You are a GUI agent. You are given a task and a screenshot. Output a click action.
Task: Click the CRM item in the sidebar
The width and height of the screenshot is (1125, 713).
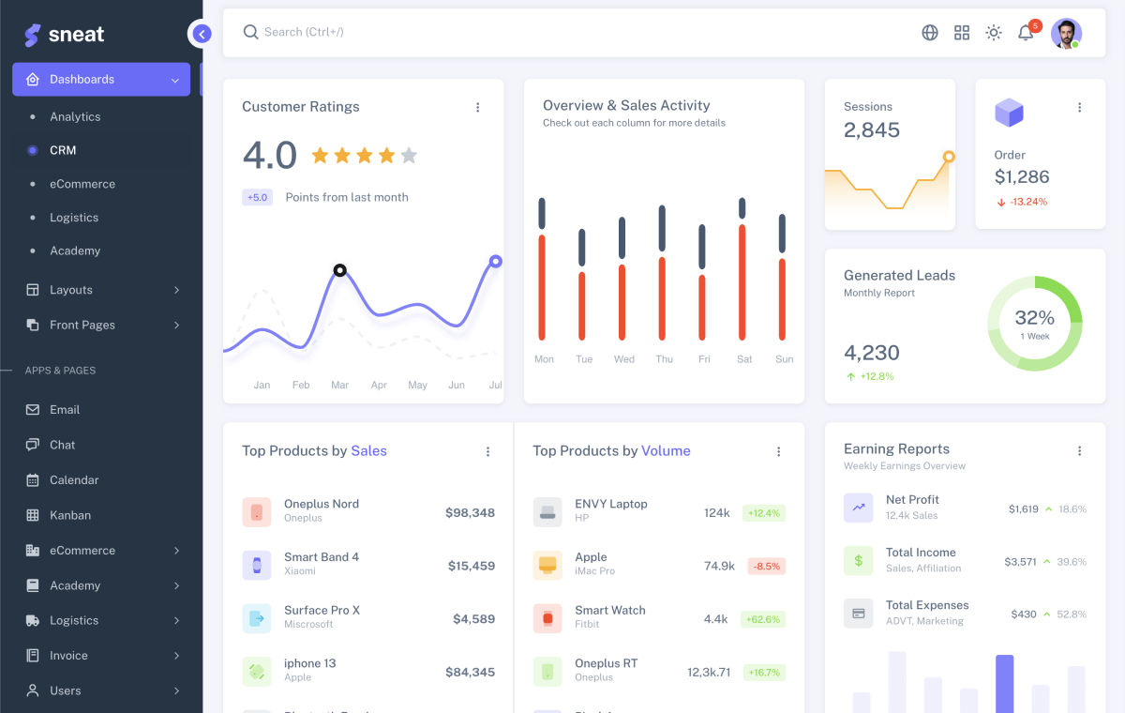(63, 150)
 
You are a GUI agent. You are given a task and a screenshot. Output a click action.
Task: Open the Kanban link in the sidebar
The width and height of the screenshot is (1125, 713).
(70, 515)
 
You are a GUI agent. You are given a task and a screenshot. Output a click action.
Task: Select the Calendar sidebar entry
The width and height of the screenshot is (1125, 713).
(74, 479)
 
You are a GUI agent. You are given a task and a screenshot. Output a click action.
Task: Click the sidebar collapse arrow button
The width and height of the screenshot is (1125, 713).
(201, 34)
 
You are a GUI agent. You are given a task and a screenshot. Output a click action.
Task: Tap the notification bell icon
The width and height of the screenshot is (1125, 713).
(1026, 33)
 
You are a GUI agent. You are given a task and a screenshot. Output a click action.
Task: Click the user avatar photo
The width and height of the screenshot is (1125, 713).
(1066, 33)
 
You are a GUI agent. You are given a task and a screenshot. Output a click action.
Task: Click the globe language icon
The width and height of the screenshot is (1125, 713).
(930, 33)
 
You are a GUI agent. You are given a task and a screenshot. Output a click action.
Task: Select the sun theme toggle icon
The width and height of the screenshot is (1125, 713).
(994, 33)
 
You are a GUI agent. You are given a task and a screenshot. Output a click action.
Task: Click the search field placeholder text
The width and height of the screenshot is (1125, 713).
(304, 32)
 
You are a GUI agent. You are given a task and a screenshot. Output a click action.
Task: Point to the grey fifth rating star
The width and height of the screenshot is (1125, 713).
(409, 156)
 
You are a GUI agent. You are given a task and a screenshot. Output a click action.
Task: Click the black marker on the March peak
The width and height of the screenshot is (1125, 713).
(340, 270)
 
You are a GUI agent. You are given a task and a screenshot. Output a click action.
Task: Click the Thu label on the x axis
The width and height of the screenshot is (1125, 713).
(664, 359)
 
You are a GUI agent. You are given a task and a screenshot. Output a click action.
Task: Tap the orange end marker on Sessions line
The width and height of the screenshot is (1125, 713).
(949, 157)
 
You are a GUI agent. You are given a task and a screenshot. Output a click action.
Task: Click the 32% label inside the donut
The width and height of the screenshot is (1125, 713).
(1035, 318)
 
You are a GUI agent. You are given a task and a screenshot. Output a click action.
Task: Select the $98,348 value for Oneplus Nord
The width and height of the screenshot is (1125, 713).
(470, 512)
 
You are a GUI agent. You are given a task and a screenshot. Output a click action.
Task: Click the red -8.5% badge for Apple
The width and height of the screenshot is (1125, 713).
(766, 566)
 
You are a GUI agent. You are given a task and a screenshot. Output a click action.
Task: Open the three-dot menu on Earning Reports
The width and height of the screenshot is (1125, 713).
(1080, 451)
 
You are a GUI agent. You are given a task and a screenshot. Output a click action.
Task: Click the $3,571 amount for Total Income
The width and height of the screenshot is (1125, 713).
(1021, 562)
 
